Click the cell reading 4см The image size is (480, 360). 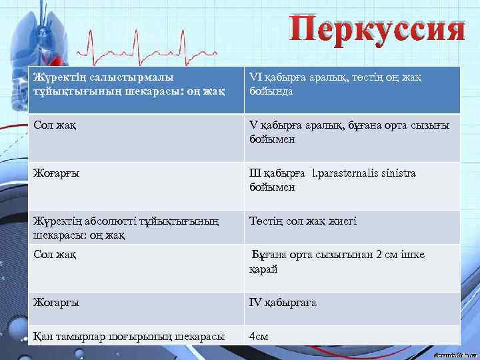tap(259, 336)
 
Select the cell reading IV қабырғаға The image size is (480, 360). tap(283, 302)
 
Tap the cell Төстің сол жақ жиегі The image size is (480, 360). tap(303, 221)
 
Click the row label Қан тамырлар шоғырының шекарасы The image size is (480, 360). tap(129, 335)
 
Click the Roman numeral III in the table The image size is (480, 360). tap(256, 173)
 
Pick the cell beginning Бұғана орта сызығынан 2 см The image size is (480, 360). tap(337, 261)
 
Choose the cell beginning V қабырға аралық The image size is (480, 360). tap(349, 132)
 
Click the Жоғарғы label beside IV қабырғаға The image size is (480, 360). tap(57, 302)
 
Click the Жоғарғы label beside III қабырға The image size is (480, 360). tap(57, 173)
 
